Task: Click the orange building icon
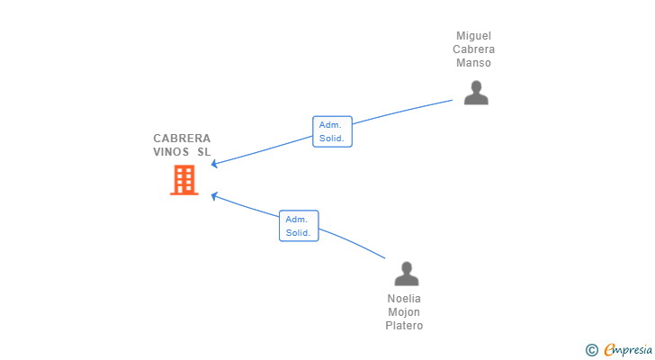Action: point(184,180)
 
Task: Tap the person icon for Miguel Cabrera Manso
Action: point(476,93)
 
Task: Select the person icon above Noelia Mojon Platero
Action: point(407,274)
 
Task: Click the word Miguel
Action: point(473,36)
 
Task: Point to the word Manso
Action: point(473,63)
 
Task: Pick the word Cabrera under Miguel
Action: point(473,49)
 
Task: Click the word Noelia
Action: point(404,299)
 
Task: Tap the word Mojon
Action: point(404,312)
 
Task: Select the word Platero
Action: point(404,325)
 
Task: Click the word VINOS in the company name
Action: point(171,151)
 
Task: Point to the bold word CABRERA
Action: point(182,139)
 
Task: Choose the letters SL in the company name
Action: point(204,151)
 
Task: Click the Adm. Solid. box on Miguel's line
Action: point(333,131)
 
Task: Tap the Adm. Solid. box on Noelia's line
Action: point(299,226)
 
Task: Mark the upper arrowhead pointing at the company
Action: point(214,164)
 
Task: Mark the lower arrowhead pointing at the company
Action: point(214,196)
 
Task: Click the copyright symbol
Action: point(591,350)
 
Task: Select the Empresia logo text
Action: point(628,350)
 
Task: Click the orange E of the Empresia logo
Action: point(610,349)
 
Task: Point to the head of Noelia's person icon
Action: point(407,267)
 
